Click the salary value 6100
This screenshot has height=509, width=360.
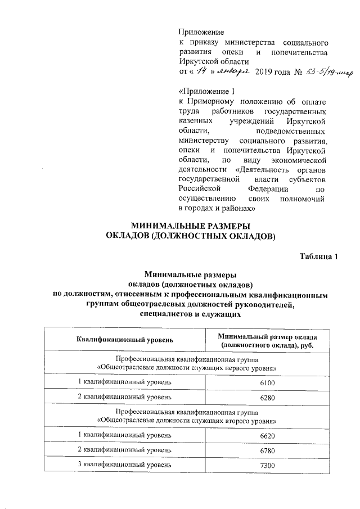(x=267, y=382)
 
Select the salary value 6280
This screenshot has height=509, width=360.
(x=267, y=398)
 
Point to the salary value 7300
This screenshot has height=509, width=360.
(x=267, y=465)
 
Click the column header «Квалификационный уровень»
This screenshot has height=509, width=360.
(x=125, y=340)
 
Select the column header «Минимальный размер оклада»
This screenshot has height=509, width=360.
(x=267, y=336)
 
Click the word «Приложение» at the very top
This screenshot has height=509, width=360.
(x=201, y=32)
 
